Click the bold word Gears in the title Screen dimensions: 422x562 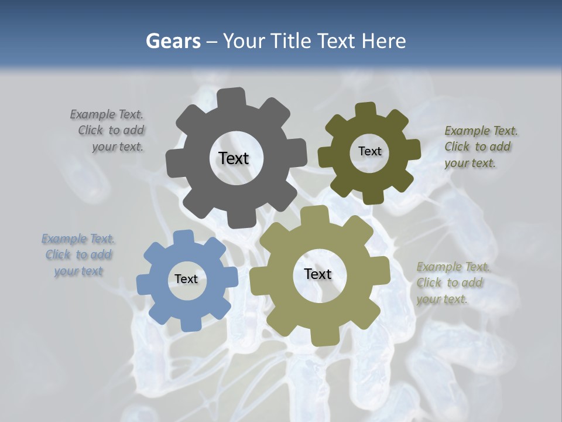tap(173, 41)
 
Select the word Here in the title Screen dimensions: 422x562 tap(384, 41)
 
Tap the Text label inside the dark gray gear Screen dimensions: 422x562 tap(234, 158)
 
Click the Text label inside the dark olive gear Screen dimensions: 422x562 tap(369, 151)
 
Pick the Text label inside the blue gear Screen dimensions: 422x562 tap(186, 280)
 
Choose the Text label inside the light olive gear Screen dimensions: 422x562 tap(318, 274)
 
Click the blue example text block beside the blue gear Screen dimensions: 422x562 tap(78, 255)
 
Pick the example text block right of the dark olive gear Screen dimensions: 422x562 tap(481, 147)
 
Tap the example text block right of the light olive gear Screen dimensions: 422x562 tap(453, 283)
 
